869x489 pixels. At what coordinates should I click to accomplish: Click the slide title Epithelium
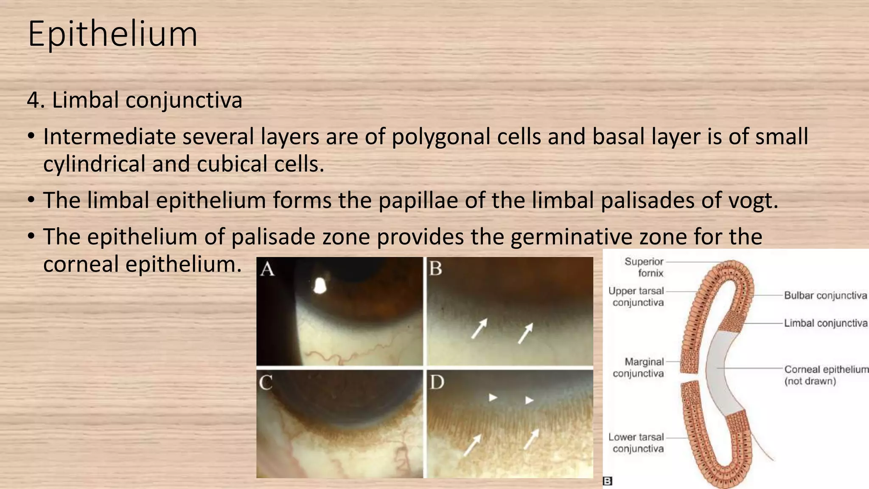click(x=112, y=34)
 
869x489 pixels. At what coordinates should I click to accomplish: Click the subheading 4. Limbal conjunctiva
click(x=135, y=101)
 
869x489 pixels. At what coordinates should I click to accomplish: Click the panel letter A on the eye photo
click(x=267, y=269)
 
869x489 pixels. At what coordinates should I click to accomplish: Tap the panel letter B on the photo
click(x=436, y=269)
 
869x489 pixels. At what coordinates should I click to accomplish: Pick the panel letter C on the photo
click(x=266, y=383)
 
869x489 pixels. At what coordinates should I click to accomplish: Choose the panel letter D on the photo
click(x=437, y=383)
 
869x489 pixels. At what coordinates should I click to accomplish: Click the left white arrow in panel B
click(x=479, y=329)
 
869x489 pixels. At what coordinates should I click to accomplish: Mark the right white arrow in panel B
click(x=525, y=333)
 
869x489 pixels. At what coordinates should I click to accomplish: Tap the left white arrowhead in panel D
click(x=493, y=398)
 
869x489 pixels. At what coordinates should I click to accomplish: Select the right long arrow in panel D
click(x=531, y=438)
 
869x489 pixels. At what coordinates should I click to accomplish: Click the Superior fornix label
click(x=644, y=267)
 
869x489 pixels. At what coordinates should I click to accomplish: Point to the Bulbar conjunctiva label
click(x=825, y=295)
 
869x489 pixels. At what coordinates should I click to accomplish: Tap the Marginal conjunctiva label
click(x=638, y=368)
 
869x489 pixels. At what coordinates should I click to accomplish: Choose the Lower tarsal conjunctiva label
click(x=636, y=443)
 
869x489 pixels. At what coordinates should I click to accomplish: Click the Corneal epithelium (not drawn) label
click(x=826, y=375)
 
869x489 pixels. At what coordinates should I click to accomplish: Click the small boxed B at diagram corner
click(x=607, y=481)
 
